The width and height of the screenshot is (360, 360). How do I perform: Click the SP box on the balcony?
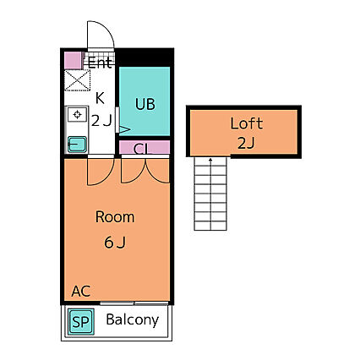tap(81, 321)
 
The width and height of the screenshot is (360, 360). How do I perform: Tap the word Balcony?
tap(133, 320)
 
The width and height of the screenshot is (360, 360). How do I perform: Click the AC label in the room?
tap(81, 292)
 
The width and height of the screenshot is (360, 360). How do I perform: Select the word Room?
tap(115, 217)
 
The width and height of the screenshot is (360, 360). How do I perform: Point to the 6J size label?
tap(115, 243)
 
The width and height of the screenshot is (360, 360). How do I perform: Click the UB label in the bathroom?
tap(145, 104)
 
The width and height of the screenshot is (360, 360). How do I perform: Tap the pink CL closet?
tap(145, 147)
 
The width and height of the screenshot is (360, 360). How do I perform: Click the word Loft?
tap(247, 123)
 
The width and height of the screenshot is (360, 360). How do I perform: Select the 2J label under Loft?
tap(246, 143)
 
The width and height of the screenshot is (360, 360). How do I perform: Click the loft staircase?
tap(210, 194)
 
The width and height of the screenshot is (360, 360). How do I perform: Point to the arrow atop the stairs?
tap(210, 161)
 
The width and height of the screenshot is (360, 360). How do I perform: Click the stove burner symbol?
tap(77, 114)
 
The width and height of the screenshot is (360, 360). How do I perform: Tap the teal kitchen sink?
tap(77, 145)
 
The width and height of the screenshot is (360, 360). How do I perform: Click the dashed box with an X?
tap(77, 80)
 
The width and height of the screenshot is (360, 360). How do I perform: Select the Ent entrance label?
tap(100, 63)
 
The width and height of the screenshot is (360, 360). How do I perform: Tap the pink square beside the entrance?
tap(73, 60)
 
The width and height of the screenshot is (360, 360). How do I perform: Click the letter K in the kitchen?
tap(100, 98)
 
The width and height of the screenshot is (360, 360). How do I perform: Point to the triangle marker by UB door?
tap(125, 129)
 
